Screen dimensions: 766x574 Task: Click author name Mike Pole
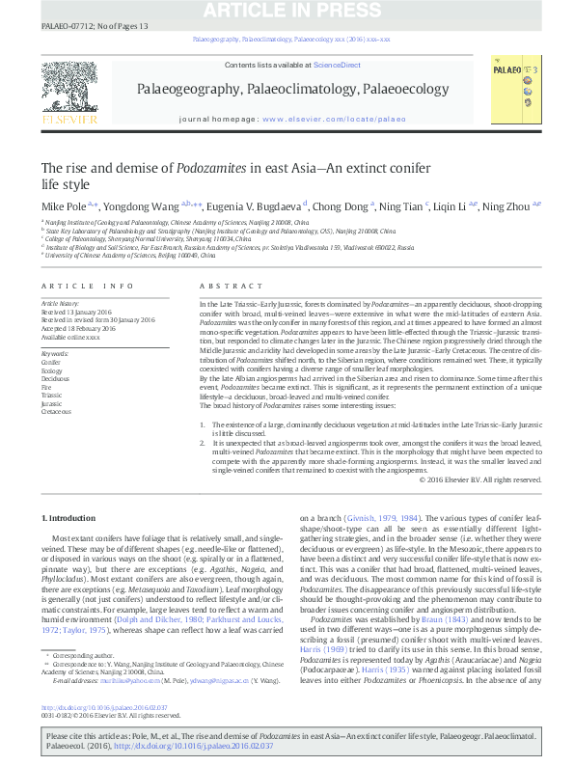62,205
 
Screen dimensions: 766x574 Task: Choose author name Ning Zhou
507,205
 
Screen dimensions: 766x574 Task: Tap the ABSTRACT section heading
225,287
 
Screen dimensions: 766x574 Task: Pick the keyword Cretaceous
56,411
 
